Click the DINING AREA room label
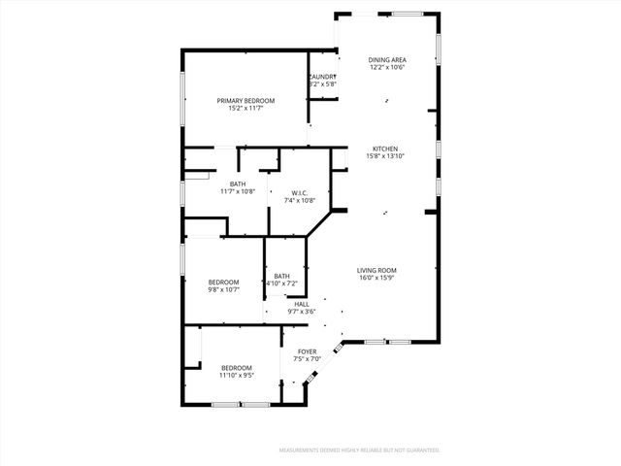(386, 60)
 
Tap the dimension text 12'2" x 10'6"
(386, 68)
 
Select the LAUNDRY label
(323, 77)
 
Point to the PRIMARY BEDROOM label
(245, 101)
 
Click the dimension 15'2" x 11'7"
(245, 109)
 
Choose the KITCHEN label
(385, 149)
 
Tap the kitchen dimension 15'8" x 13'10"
(385, 156)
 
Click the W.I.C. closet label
(300, 192)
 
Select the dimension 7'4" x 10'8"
(300, 200)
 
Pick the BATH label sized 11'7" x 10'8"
(238, 183)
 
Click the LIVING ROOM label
(377, 271)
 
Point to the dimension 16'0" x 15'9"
(377, 279)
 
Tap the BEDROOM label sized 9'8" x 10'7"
(223, 282)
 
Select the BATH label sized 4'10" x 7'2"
(281, 276)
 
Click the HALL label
(302, 304)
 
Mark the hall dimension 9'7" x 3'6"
(302, 312)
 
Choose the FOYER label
(307, 351)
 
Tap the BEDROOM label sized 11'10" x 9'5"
(237, 367)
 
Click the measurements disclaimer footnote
(359, 450)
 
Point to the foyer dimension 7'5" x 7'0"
(307, 359)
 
